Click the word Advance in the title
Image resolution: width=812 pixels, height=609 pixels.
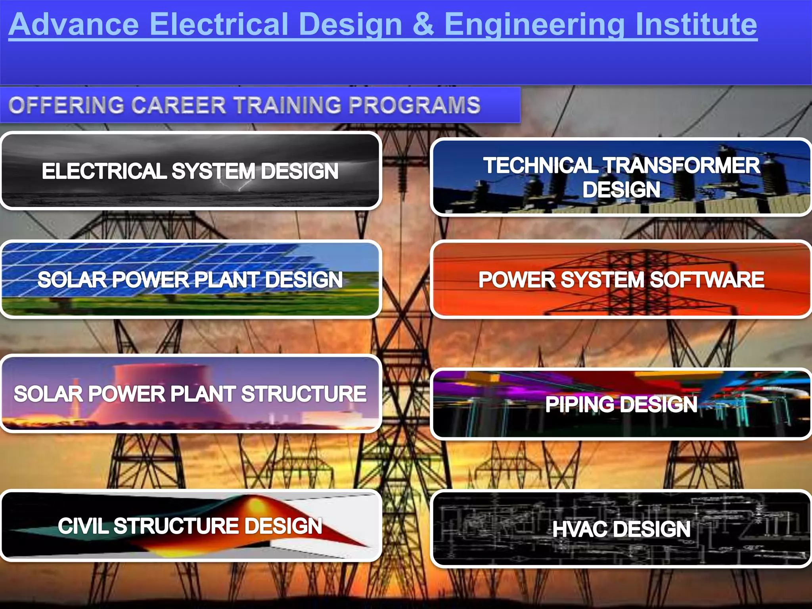(x=74, y=25)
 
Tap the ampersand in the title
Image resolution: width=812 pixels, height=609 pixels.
(x=423, y=25)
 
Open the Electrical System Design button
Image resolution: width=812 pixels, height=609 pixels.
(x=190, y=171)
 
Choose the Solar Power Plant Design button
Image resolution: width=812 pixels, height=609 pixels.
(x=190, y=279)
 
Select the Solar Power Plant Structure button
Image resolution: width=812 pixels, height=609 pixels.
(x=190, y=393)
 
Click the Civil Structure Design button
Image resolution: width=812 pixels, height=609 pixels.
(x=190, y=526)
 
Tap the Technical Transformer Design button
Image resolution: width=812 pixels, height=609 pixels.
(x=621, y=177)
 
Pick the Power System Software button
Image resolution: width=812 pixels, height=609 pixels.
(x=621, y=279)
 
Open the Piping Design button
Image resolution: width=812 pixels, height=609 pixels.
(x=621, y=404)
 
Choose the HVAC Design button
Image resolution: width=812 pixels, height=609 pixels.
(x=621, y=529)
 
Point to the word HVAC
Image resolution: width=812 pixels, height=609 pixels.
(x=580, y=529)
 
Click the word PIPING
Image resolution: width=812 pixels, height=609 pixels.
(x=580, y=404)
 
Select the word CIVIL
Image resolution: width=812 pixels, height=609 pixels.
(x=83, y=526)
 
